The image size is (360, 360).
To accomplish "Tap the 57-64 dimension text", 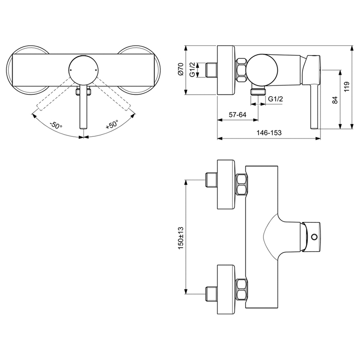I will click(237, 115).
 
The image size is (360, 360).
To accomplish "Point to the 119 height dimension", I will click(347, 87).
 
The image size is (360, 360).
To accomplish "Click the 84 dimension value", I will click(335, 100).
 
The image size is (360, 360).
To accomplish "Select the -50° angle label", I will click(55, 126).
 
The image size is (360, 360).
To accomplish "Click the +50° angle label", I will click(112, 125).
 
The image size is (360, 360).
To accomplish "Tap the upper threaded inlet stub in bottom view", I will click(210, 180).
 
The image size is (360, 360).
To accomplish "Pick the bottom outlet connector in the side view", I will click(258, 91).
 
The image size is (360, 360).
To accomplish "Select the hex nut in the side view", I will click(241, 70).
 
